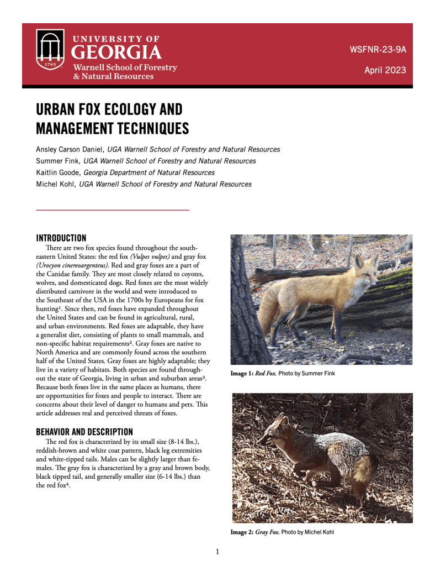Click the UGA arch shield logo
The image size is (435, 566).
tap(50, 49)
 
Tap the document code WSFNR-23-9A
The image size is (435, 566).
tap(378, 49)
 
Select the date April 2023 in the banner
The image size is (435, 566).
tap(385, 70)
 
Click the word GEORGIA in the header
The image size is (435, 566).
tap(118, 53)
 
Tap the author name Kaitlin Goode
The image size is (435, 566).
tap(57, 172)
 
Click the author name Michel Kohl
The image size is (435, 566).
tap(55, 184)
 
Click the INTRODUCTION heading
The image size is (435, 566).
tap(61, 238)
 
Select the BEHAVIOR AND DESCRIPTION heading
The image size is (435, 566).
tap(84, 432)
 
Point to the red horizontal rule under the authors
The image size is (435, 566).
tap(113, 210)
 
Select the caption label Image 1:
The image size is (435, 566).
tap(241, 374)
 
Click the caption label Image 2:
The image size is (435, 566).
tap(241, 532)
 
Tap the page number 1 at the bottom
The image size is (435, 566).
tap(217, 552)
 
